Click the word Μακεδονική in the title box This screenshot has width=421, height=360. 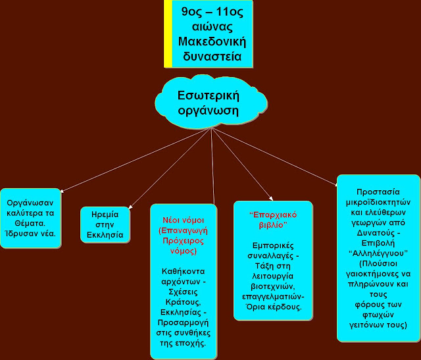click(x=212, y=42)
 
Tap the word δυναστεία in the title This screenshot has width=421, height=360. click(x=212, y=57)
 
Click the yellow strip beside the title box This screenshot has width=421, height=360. click(x=168, y=34)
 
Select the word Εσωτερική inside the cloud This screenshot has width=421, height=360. click(x=209, y=95)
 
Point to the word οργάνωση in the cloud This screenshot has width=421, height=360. click(x=209, y=111)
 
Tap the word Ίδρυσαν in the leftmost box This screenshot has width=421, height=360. click(x=18, y=234)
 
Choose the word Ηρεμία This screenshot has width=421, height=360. click(x=105, y=215)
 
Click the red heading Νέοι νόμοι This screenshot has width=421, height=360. click(x=184, y=220)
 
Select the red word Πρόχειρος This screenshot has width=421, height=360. click(x=184, y=241)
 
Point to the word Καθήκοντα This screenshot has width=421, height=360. click(x=184, y=271)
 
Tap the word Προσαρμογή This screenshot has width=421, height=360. click(x=184, y=322)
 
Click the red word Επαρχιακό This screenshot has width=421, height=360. click(x=274, y=215)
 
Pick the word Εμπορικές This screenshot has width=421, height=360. click(x=274, y=245)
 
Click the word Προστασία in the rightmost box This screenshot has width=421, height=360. click(x=378, y=192)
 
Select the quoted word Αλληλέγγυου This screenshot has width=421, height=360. click(x=378, y=253)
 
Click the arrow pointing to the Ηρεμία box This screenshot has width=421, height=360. click(x=170, y=168)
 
